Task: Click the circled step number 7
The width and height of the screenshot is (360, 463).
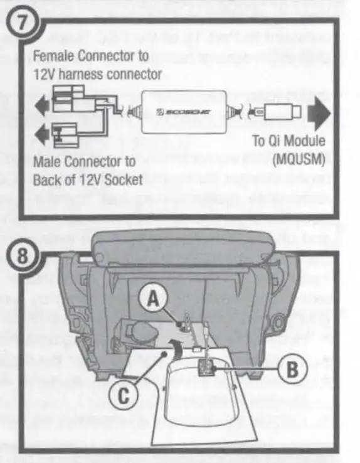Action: click(23, 22)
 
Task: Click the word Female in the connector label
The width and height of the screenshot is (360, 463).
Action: click(51, 56)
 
